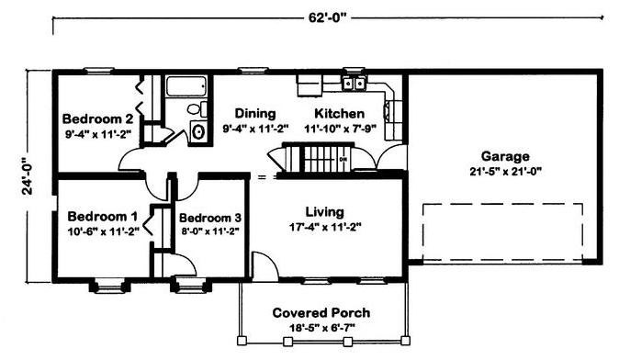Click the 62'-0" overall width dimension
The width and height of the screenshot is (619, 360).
[x=327, y=18]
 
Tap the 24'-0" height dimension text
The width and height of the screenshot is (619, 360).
[x=28, y=176]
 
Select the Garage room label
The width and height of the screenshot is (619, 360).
[x=505, y=156]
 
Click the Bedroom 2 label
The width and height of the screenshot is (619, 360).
[x=97, y=118]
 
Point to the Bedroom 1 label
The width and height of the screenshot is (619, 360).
[x=103, y=217]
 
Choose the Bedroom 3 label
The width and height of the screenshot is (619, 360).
[x=210, y=218]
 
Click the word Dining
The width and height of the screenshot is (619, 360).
[x=255, y=114]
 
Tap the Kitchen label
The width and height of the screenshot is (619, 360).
[x=340, y=114]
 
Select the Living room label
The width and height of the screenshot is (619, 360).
[x=324, y=212]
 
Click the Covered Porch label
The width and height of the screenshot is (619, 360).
[x=321, y=313]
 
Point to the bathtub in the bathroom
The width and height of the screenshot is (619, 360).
[x=186, y=86]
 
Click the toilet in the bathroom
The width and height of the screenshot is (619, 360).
[x=197, y=108]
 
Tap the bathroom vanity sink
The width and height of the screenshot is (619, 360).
[x=198, y=131]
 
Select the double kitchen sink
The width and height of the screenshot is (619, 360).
[x=354, y=84]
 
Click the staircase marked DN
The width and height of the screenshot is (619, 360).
[x=327, y=158]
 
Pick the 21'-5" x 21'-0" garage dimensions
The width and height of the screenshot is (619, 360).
[x=505, y=172]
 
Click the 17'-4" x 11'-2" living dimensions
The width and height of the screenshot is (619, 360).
[x=325, y=228]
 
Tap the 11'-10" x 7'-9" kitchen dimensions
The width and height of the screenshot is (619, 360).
[x=340, y=129]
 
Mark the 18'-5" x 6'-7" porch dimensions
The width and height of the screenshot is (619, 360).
[x=322, y=328]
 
